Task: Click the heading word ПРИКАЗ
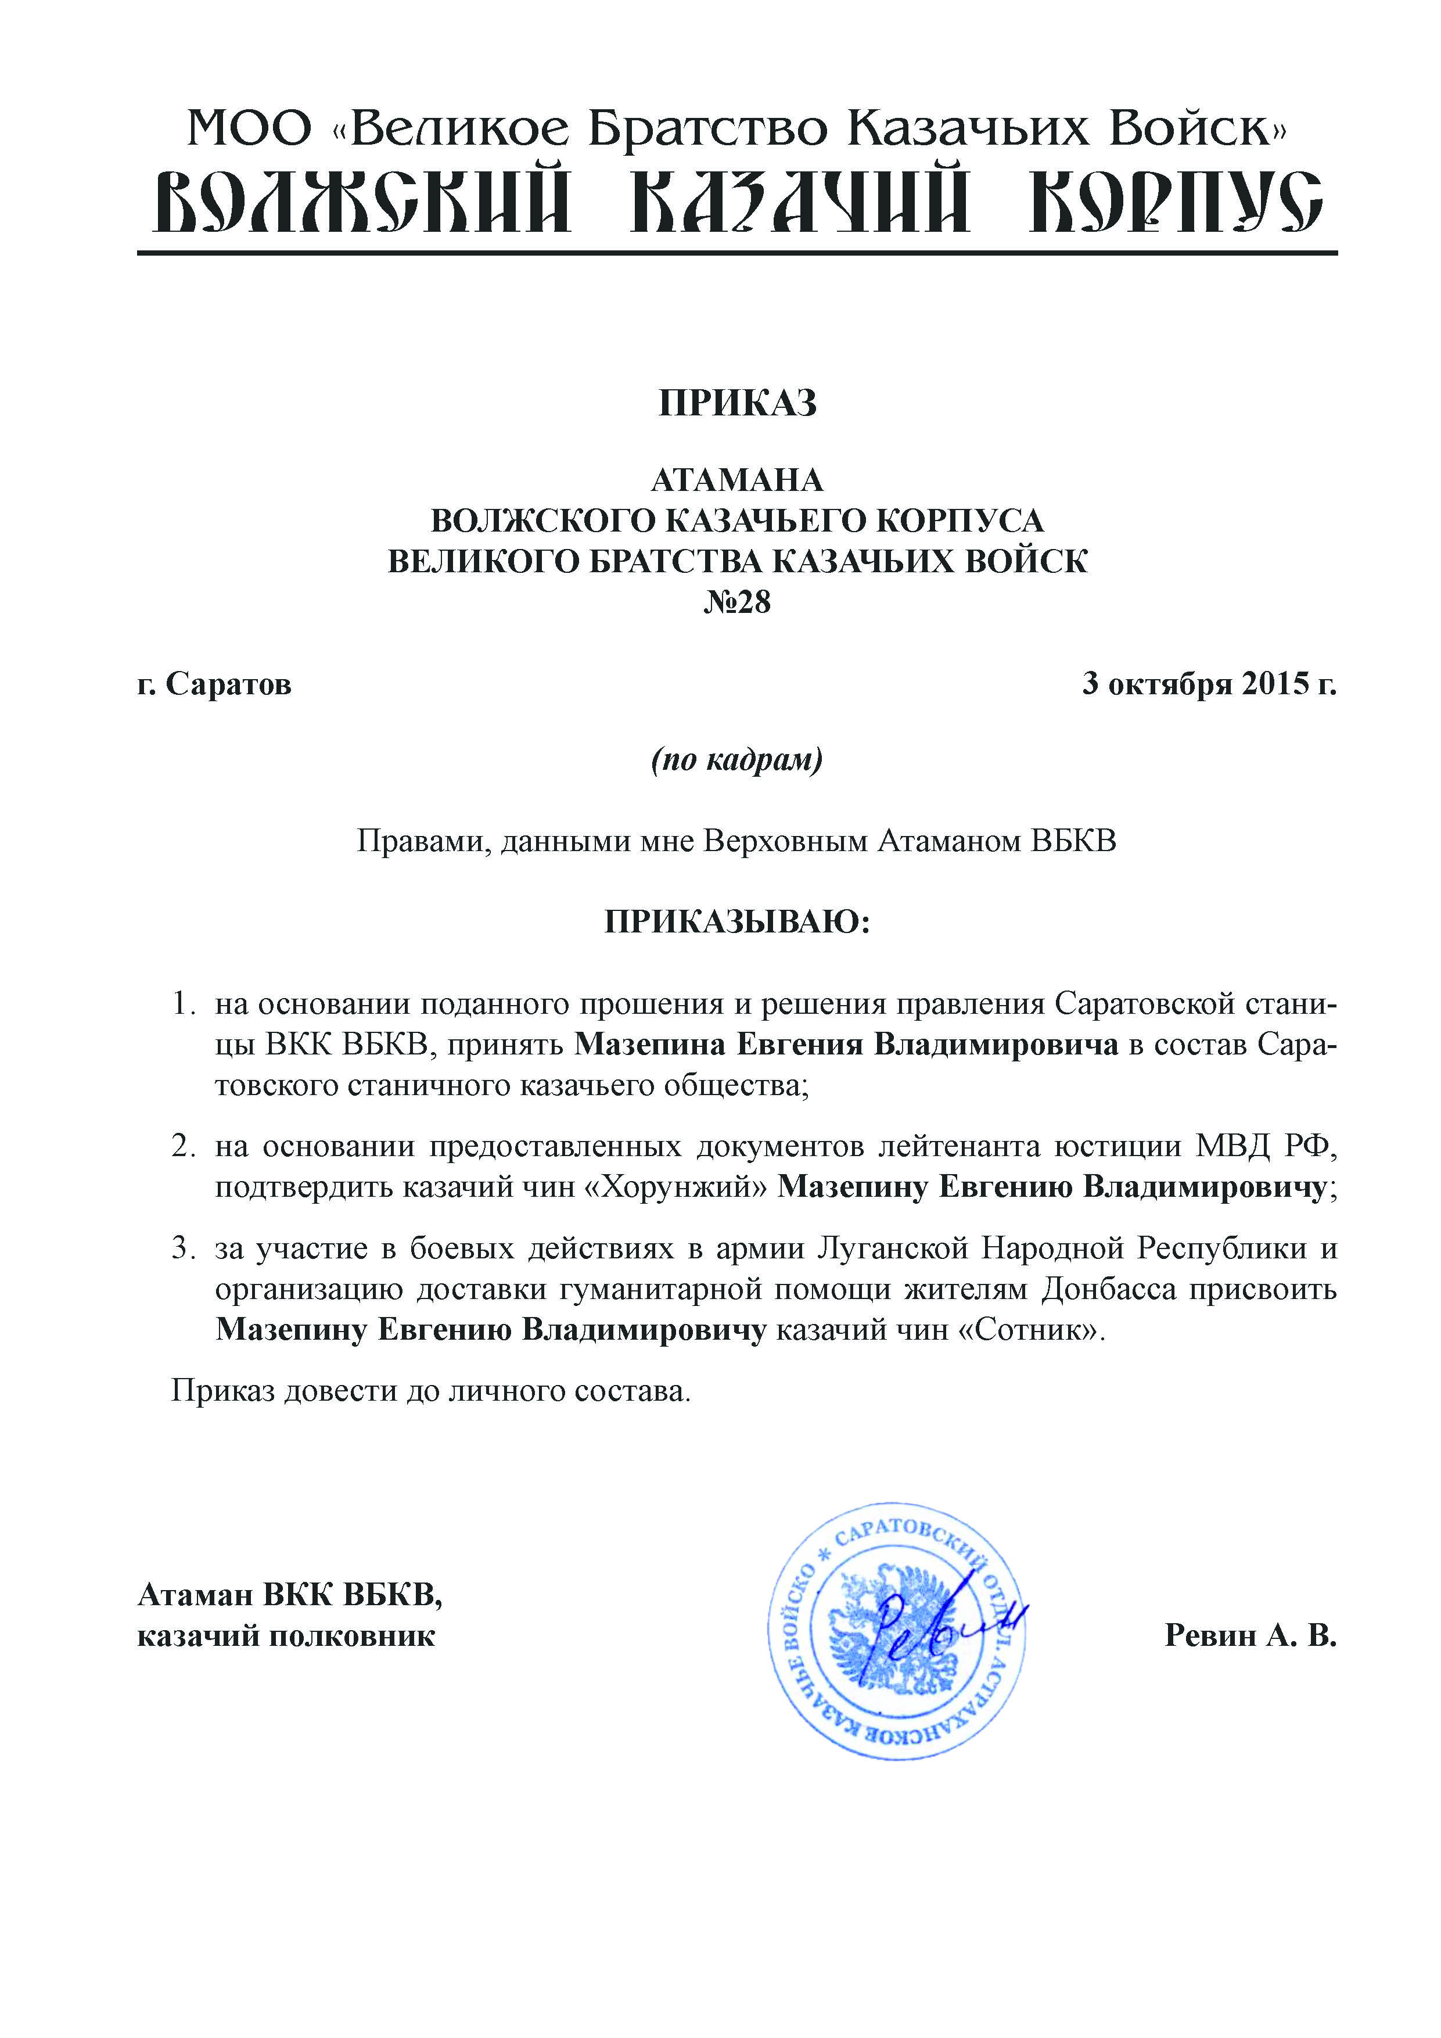[x=738, y=404]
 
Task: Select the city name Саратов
[x=229, y=684]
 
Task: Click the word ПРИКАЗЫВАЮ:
[x=738, y=922]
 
